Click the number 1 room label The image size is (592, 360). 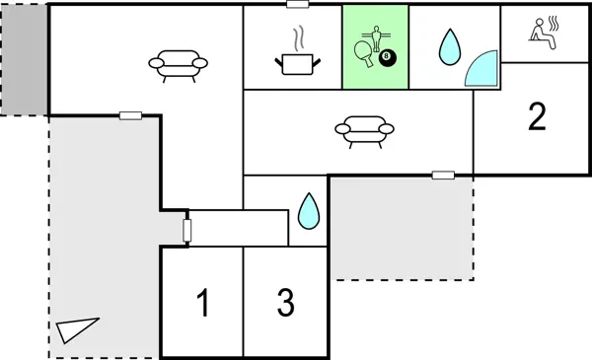click(x=202, y=304)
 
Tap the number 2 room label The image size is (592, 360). click(x=537, y=116)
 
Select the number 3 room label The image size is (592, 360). click(x=285, y=304)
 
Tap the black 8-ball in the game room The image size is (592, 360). click(x=388, y=62)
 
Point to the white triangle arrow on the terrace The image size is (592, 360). click(x=78, y=329)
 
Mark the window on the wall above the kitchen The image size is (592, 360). click(x=296, y=5)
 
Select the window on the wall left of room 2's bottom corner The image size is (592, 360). click(x=443, y=176)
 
